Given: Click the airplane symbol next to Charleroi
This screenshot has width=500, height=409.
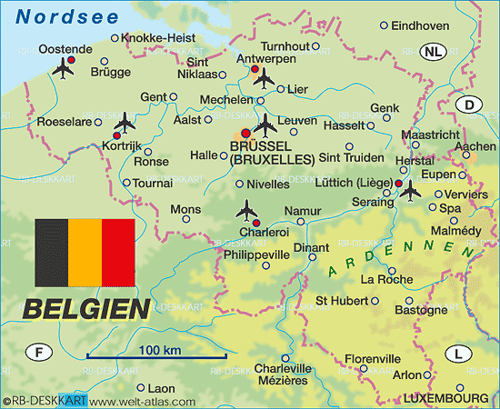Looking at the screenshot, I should click(x=245, y=211).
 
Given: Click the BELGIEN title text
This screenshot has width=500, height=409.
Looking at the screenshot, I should click(x=85, y=308).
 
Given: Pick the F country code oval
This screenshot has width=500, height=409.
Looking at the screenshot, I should click(x=39, y=352).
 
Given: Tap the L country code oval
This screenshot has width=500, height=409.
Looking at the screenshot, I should click(x=457, y=353).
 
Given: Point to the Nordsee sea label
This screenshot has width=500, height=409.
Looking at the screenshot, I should click(x=62, y=15).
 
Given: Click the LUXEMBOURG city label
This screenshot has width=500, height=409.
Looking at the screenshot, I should click(x=446, y=398).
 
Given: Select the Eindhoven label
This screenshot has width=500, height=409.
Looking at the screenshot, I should click(x=420, y=26).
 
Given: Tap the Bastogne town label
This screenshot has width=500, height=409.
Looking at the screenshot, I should click(x=415, y=310).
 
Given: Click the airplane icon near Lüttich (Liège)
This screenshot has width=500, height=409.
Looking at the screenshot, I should click(x=410, y=191).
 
